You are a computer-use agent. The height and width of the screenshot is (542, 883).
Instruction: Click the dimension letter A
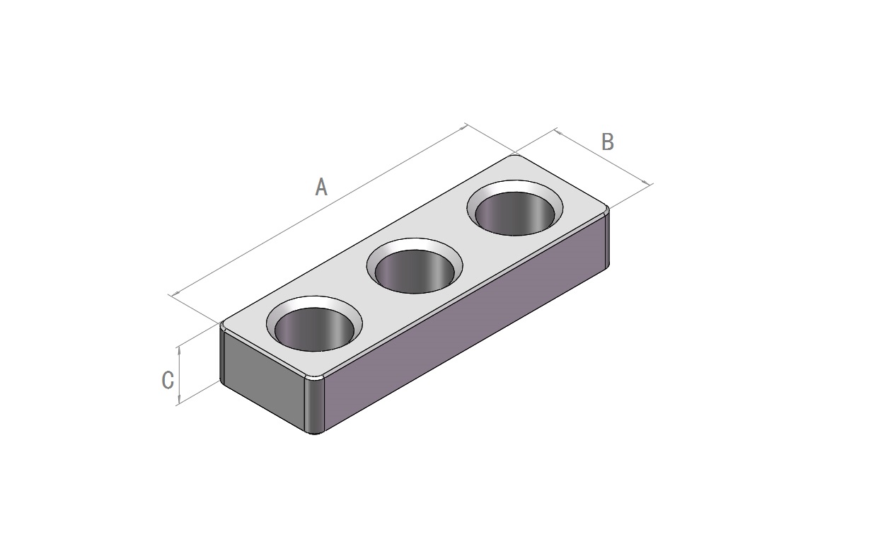(321, 187)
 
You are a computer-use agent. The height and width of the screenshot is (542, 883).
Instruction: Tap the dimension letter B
(608, 142)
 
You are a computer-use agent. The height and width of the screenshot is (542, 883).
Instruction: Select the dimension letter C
(168, 380)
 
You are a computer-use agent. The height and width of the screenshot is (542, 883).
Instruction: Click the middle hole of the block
(415, 272)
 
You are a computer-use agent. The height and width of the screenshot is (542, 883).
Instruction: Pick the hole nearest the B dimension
(514, 214)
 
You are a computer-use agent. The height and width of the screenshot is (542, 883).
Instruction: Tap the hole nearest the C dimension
(314, 330)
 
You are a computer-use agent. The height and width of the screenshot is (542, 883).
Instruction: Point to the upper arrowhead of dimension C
(180, 350)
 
